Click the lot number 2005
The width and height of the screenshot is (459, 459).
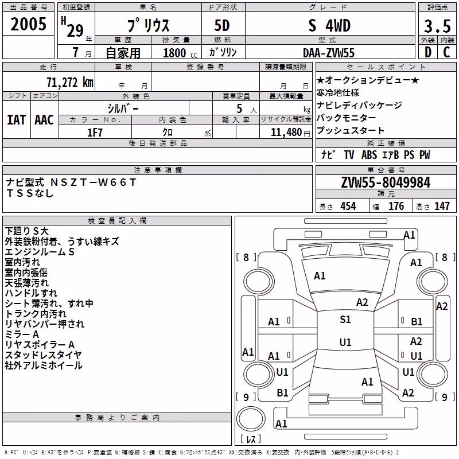point(28,24)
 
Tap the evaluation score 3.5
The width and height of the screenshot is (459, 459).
point(437,26)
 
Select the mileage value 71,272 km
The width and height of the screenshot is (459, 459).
point(69,83)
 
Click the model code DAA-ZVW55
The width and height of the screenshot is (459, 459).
point(329,53)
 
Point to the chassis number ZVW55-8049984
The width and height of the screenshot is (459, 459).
point(386,182)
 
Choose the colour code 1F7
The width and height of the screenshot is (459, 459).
point(95,133)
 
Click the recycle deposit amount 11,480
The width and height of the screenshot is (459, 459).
point(286,133)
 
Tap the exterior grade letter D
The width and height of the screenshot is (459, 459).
point(428,52)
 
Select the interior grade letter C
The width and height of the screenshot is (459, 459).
point(447,52)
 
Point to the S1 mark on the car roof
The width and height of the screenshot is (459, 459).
point(345,320)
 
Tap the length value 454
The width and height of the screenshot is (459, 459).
point(348,207)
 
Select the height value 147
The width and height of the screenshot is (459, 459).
point(442,207)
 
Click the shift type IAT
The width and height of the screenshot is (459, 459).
point(16,120)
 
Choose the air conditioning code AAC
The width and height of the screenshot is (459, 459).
point(44,120)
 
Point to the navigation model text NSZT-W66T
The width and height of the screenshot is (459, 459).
point(93,182)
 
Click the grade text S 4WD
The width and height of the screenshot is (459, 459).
point(329,25)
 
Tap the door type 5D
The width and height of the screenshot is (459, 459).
point(222,25)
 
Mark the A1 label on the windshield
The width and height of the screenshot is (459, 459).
point(320,276)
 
